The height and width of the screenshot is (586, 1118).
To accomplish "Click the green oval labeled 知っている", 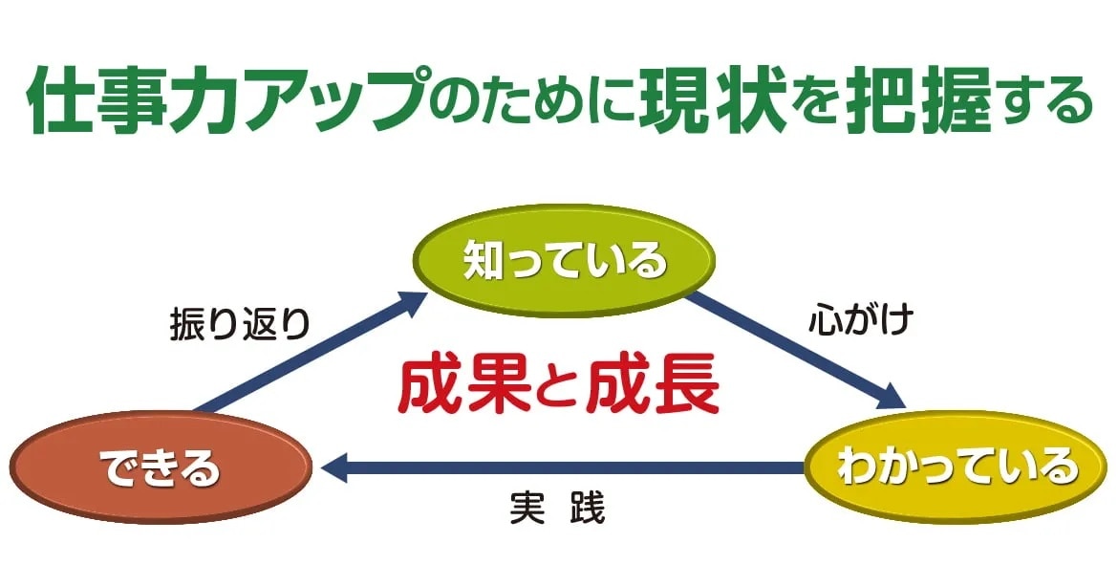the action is pyautogui.click(x=563, y=259).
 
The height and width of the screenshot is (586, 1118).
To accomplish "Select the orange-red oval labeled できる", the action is pyautogui.click(x=161, y=467).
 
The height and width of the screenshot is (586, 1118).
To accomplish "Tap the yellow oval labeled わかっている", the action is pyautogui.click(x=956, y=467).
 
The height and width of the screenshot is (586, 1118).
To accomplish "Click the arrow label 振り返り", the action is pyautogui.click(x=240, y=324).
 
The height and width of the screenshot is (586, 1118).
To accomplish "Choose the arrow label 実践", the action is pyautogui.click(x=558, y=508).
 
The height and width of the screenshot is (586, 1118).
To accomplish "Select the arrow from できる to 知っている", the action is pyautogui.click(x=311, y=352).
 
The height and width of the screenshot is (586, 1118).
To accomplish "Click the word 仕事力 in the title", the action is pyautogui.click(x=137, y=99).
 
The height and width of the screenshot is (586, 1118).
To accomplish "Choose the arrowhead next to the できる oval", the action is pyautogui.click(x=333, y=468).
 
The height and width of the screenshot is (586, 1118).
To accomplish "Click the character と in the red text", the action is pyautogui.click(x=558, y=387).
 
